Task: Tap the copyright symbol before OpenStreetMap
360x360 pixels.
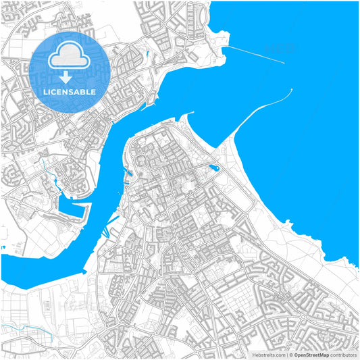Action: point(291,354)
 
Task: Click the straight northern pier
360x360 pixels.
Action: point(254,54)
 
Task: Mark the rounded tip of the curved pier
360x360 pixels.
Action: point(290,90)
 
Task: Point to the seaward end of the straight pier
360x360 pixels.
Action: point(284,63)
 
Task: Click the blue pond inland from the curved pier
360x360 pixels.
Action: point(214,167)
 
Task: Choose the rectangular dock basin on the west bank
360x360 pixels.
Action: point(73,209)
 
